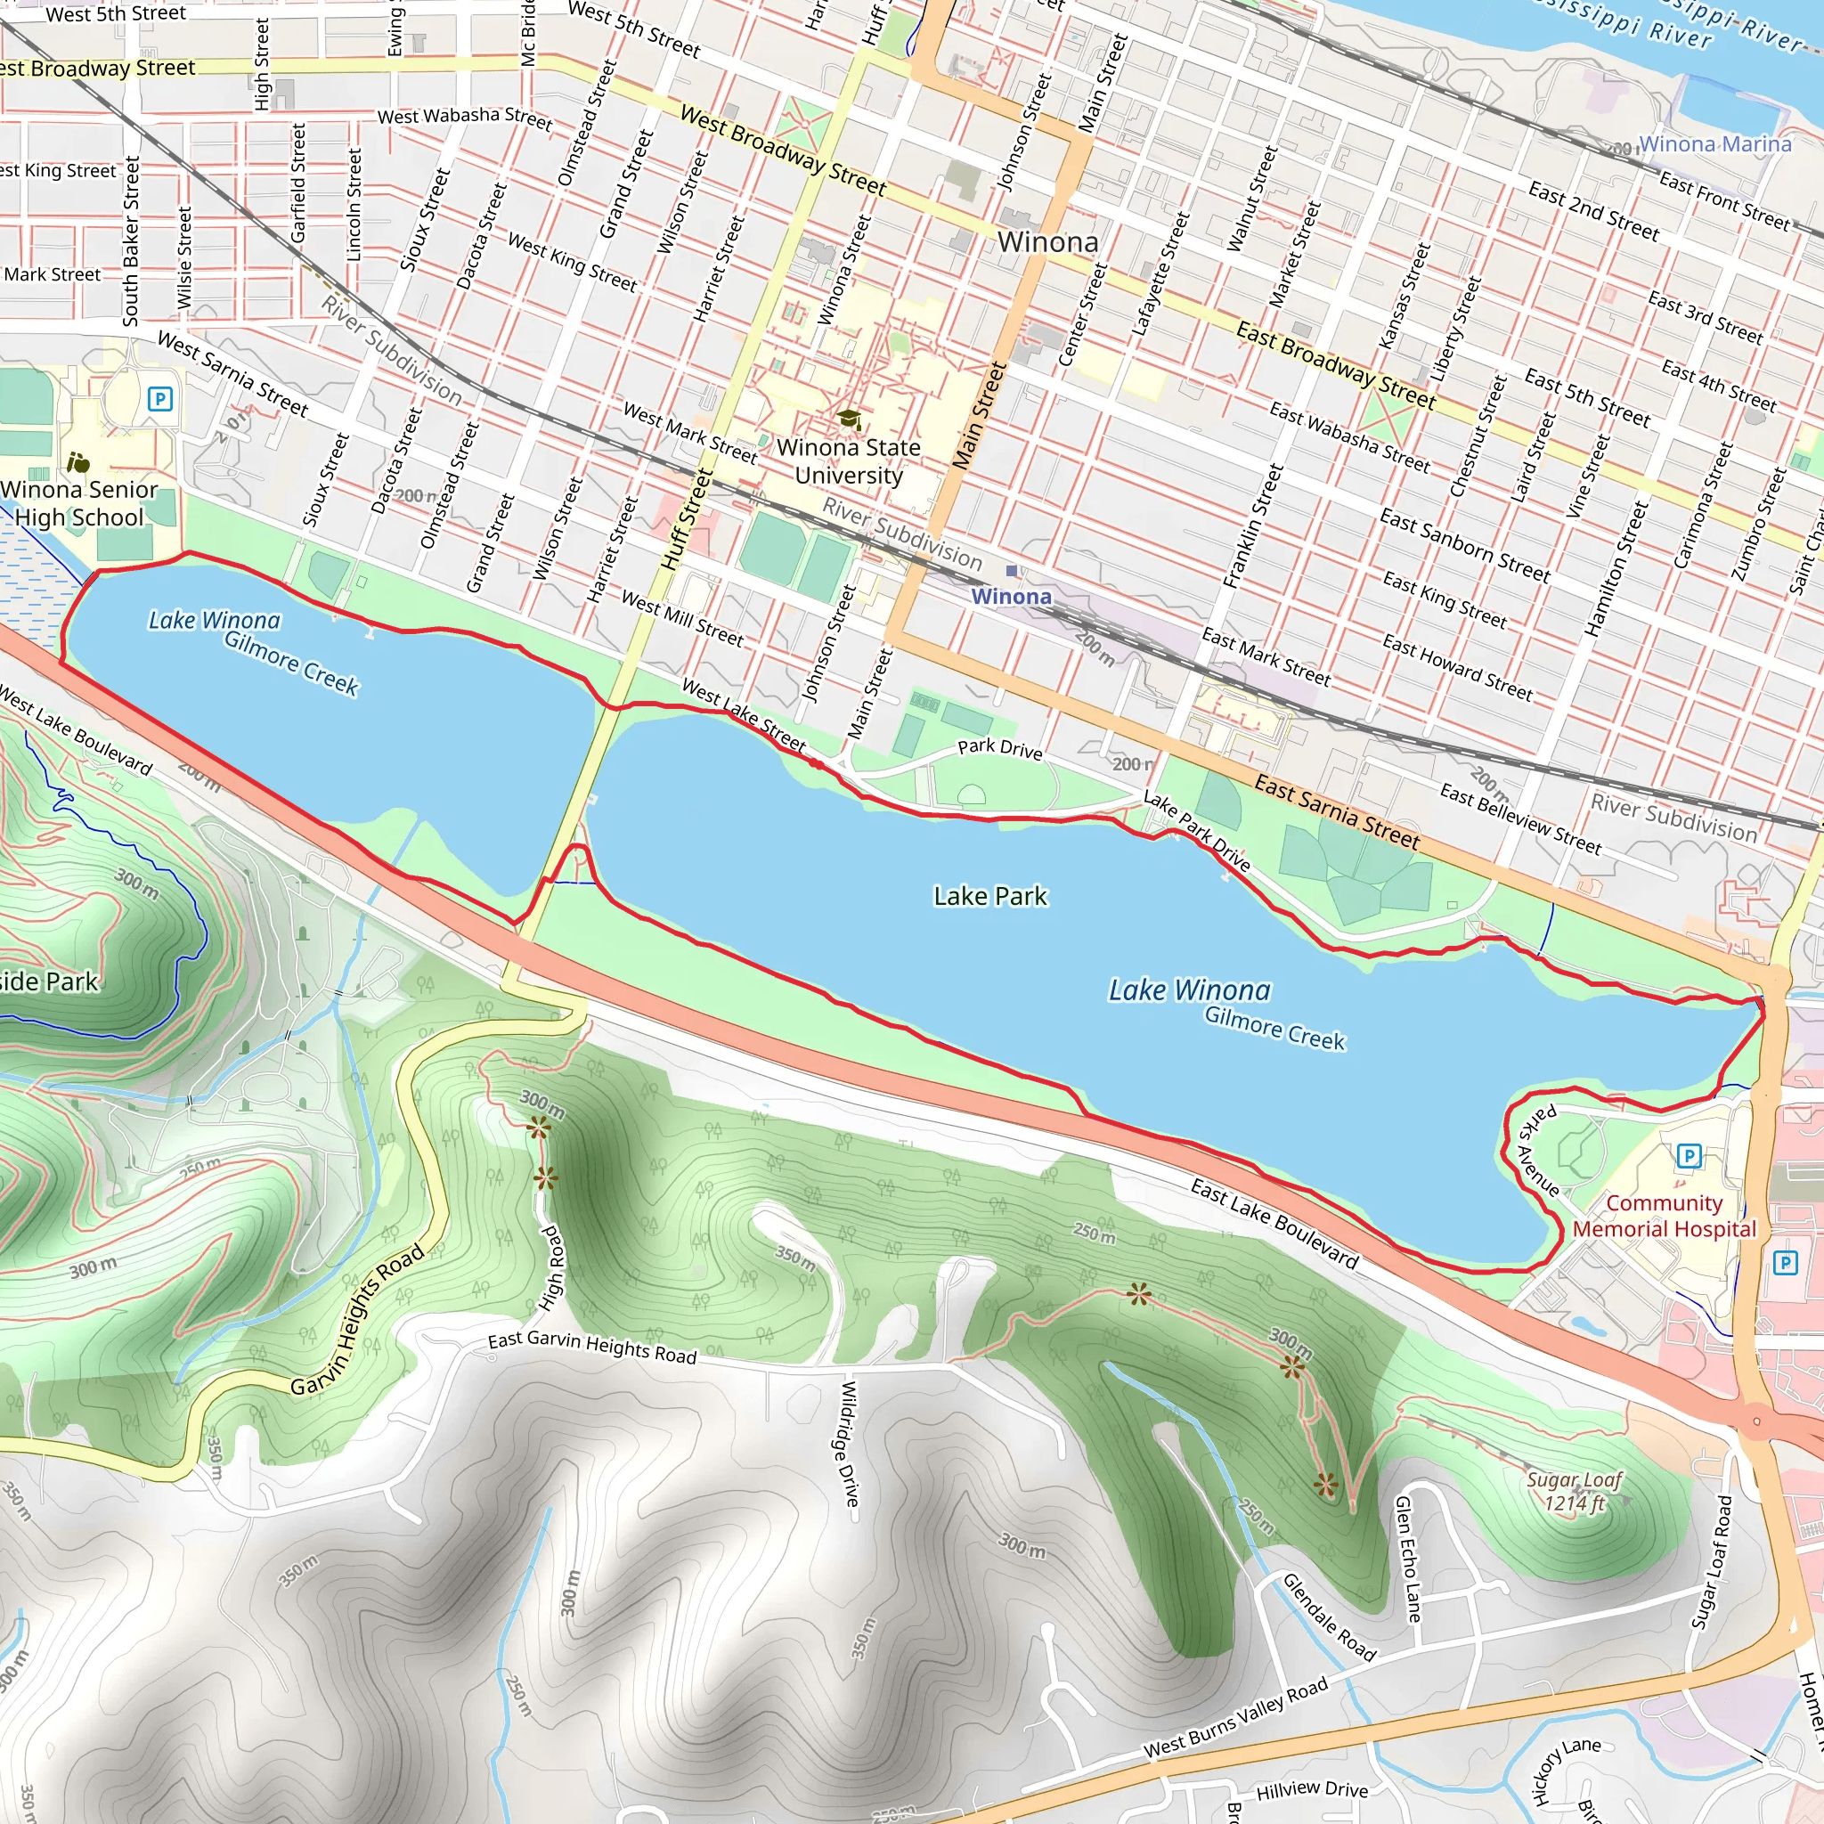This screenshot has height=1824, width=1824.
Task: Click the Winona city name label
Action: (1048, 242)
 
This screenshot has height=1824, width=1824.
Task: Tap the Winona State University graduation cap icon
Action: (849, 419)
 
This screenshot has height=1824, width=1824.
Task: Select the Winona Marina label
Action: (1714, 144)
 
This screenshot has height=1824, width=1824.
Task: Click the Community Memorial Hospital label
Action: (1664, 1216)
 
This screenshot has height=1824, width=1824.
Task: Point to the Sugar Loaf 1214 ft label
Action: (1574, 1491)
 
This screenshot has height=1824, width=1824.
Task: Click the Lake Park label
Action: (989, 896)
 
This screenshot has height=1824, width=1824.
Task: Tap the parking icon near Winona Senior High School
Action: (160, 398)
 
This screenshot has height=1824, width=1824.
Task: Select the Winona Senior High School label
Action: (79, 503)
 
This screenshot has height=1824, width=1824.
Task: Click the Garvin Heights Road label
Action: (358, 1321)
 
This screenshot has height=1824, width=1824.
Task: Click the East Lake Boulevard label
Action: (1274, 1223)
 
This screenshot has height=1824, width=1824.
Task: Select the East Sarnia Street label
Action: (1337, 811)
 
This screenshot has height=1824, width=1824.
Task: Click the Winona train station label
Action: (1011, 597)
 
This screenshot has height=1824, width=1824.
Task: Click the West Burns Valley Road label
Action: (1236, 1717)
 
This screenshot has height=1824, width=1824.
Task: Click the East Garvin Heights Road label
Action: (592, 1347)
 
